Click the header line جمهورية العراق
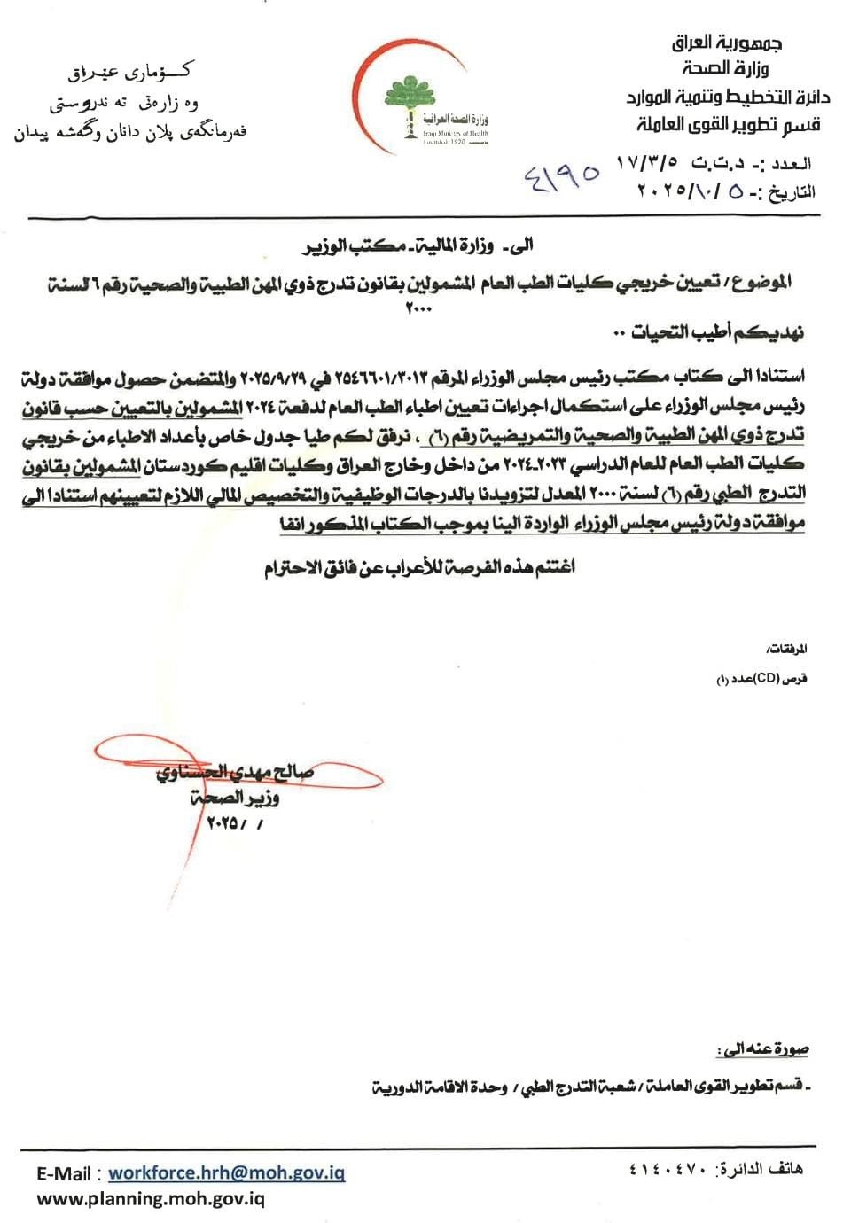click(x=730, y=42)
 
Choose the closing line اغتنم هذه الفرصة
click(x=419, y=565)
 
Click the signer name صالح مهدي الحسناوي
click(x=234, y=772)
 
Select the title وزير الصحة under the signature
click(x=235, y=798)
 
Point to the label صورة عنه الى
click(x=763, y=1049)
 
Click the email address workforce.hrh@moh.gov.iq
click(x=226, y=1173)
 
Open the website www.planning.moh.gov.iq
click(x=151, y=1199)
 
